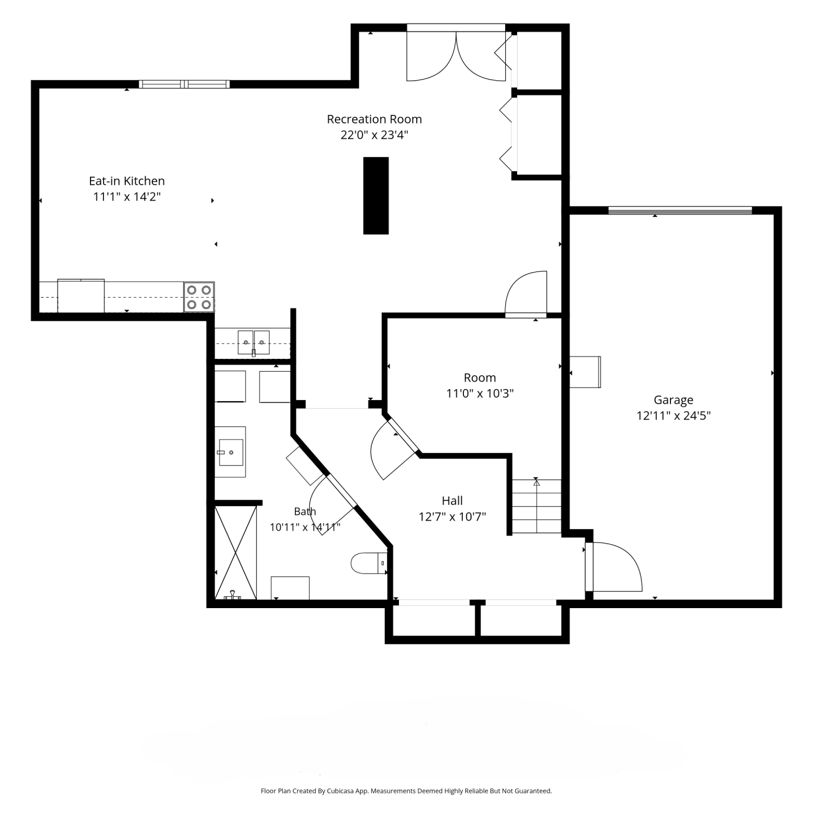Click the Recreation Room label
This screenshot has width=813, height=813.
[374, 119]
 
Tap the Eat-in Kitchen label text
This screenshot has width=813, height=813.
[127, 180]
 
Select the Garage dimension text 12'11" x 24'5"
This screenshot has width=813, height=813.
[673, 416]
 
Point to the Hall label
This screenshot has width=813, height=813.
[452, 500]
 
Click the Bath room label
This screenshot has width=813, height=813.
[305, 511]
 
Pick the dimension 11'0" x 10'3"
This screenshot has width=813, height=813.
[480, 393]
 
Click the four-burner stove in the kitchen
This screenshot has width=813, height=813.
[199, 297]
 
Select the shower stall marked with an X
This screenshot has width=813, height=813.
[236, 552]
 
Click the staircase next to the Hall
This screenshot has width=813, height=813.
[537, 506]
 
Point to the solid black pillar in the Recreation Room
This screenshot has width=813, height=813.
[376, 196]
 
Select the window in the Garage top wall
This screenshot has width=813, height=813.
[680, 210]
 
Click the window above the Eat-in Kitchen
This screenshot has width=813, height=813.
[184, 84]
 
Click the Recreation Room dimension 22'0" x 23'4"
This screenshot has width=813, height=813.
[374, 134]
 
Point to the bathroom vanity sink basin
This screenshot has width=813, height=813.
[231, 452]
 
